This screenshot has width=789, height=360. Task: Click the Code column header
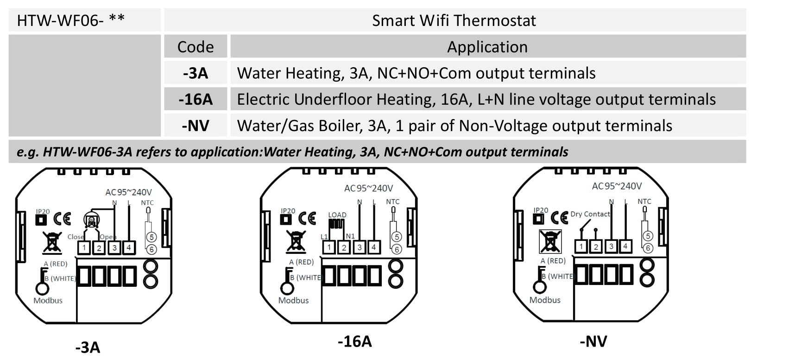coord(196,47)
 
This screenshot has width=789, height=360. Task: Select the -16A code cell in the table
coord(196,99)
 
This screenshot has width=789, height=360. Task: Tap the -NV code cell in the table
coord(196,126)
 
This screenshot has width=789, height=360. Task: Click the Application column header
coord(487,47)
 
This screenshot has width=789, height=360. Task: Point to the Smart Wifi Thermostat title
coord(454,20)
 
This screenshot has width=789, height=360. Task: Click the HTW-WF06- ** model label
coord(71,20)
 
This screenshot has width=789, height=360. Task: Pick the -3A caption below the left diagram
coord(88,347)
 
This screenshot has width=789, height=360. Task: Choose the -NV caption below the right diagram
coord(593,341)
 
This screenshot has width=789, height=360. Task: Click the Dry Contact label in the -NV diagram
coord(590,214)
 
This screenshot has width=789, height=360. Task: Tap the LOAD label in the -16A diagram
coord(337,215)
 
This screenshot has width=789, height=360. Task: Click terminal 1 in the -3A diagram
coord(84,248)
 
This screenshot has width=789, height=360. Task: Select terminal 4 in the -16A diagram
coord(373,247)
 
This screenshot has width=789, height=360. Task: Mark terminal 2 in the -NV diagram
coord(596,246)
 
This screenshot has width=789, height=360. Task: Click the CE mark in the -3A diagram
coord(62,218)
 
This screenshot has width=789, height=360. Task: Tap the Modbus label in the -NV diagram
coord(545,300)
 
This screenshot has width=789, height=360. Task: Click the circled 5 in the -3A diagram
coord(151,237)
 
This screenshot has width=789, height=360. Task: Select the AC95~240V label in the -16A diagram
coord(368,188)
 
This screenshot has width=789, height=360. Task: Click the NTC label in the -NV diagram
coord(644,202)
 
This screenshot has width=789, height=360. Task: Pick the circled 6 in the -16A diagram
coord(396,249)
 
